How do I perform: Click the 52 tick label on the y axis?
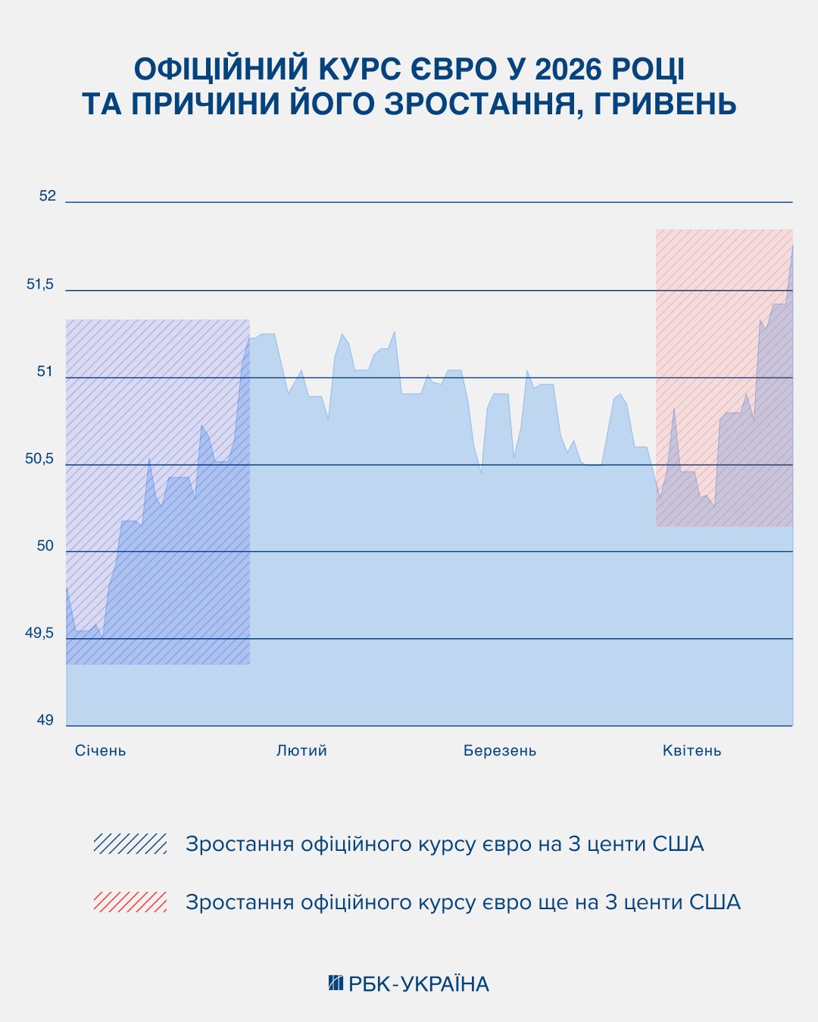[48, 196]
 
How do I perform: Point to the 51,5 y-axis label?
[41, 285]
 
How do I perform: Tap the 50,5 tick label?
[41, 459]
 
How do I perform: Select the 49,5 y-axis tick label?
[41, 633]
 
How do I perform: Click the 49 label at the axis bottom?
[45, 720]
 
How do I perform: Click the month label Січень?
[101, 751]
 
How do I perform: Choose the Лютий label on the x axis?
[301, 751]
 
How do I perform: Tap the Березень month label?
[500, 751]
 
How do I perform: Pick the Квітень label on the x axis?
[692, 751]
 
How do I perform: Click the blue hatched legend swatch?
[130, 843]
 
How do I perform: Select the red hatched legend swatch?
[130, 902]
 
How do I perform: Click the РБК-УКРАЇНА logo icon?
[336, 983]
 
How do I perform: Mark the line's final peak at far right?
[792, 245]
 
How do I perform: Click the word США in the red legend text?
[714, 902]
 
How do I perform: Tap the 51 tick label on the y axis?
[45, 372]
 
